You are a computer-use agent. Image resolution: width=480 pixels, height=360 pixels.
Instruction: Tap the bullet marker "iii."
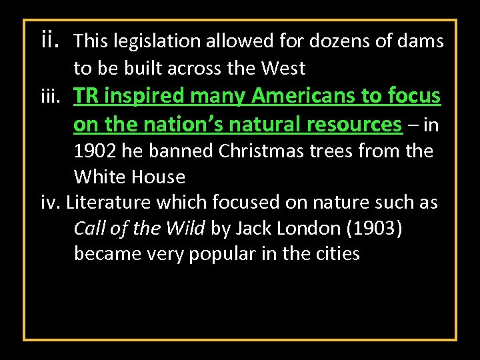point(53,97)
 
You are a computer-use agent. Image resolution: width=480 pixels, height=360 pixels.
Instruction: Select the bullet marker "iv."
point(50,202)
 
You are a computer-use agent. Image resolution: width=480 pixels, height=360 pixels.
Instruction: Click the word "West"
point(283,68)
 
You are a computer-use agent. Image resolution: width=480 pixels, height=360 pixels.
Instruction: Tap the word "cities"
point(336,254)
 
